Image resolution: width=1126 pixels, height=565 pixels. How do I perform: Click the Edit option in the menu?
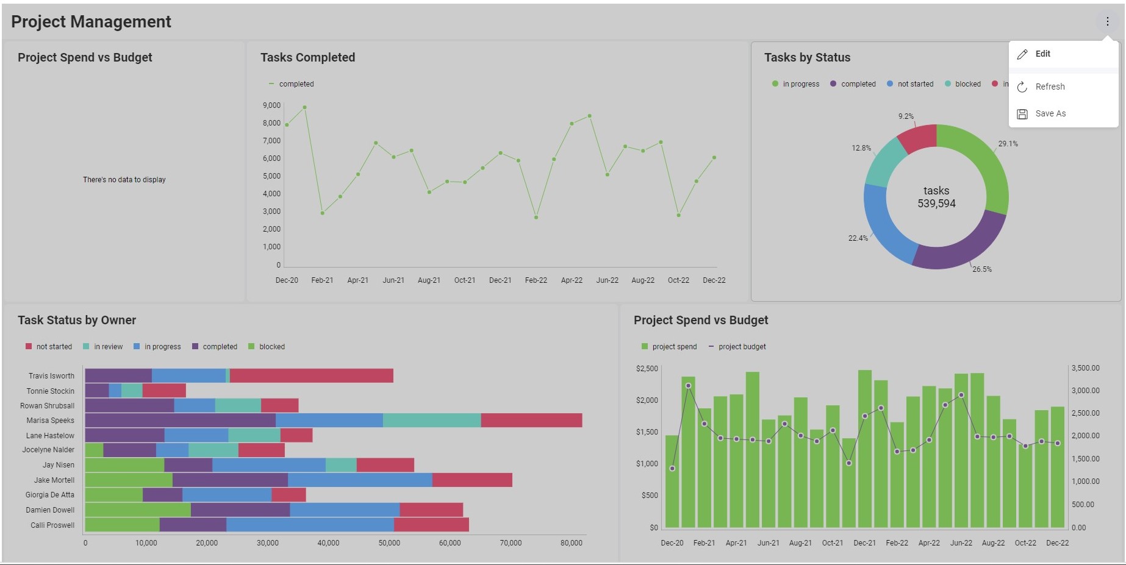click(x=1042, y=54)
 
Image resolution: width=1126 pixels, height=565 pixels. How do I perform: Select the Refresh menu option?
click(x=1049, y=87)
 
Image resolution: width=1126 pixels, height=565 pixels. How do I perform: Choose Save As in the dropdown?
click(x=1050, y=113)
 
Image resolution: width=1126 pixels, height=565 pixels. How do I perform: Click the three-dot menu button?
click(x=1107, y=21)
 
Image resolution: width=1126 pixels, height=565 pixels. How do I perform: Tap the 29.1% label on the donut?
click(x=1008, y=144)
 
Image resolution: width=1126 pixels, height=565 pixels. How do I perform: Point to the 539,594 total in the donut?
click(x=936, y=204)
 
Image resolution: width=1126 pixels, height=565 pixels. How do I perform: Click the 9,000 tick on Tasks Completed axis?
click(x=271, y=105)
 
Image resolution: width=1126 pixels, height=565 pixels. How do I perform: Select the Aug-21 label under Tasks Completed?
click(x=429, y=280)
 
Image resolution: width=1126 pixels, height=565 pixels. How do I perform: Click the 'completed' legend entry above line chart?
click(x=296, y=84)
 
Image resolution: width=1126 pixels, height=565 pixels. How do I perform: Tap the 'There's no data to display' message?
click(x=124, y=180)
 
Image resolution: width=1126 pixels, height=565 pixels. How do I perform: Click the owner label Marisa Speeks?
click(x=50, y=421)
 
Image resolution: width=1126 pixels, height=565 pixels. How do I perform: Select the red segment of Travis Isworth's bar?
click(x=311, y=375)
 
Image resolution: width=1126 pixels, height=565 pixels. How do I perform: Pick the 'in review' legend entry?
click(x=108, y=347)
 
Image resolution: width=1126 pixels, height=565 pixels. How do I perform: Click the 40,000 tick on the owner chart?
click(x=328, y=543)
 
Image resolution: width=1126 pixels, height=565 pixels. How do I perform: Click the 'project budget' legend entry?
click(x=742, y=347)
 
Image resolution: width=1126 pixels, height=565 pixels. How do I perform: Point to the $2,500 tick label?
click(x=647, y=369)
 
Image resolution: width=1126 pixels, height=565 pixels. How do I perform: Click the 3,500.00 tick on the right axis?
click(x=1085, y=368)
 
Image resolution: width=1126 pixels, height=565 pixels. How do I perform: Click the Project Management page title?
click(x=91, y=22)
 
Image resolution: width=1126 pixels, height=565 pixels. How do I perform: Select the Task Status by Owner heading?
click(x=77, y=320)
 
